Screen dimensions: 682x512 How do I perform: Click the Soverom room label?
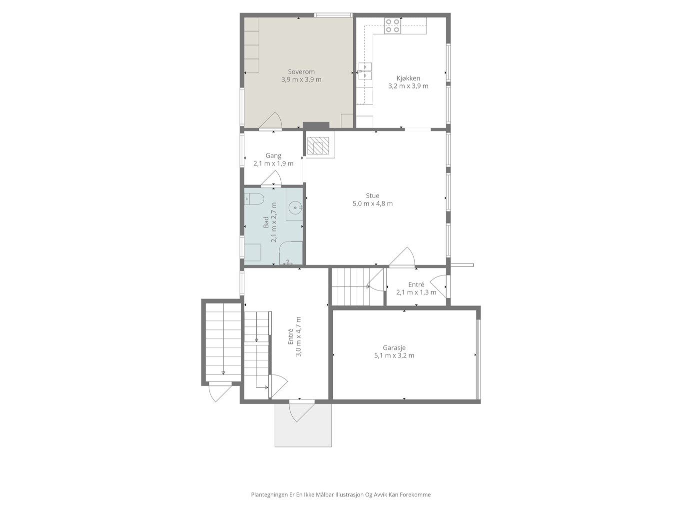pyautogui.click(x=301, y=72)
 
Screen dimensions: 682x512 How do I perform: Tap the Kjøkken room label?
pyautogui.click(x=408, y=78)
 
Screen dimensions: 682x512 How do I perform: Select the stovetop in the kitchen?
pyautogui.click(x=392, y=26)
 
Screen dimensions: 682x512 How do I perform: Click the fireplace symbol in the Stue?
pyautogui.click(x=318, y=145)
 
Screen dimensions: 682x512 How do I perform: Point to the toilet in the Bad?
pyautogui.click(x=254, y=199)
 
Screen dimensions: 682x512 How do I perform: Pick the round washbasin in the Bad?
pyautogui.click(x=294, y=206)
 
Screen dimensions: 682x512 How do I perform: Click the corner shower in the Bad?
pyautogui.click(x=291, y=253)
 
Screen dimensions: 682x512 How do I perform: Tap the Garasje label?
pyautogui.click(x=394, y=348)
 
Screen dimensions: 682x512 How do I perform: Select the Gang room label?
pyautogui.click(x=273, y=155)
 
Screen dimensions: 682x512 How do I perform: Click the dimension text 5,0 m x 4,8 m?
pyautogui.click(x=373, y=203)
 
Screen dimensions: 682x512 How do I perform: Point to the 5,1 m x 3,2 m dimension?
pyautogui.click(x=394, y=355)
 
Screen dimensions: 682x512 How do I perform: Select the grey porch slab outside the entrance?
pyautogui.click(x=303, y=424)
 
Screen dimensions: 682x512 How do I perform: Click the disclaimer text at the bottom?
pyautogui.click(x=341, y=494)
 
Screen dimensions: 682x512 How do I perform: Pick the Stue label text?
pyautogui.click(x=373, y=195)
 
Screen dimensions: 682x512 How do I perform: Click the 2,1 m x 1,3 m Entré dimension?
pyautogui.click(x=416, y=292)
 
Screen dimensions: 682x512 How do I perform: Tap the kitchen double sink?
pyautogui.click(x=365, y=71)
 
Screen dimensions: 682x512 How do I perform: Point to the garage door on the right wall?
pyautogui.click(x=479, y=359)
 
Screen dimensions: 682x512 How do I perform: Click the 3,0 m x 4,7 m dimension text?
pyautogui.click(x=298, y=336)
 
